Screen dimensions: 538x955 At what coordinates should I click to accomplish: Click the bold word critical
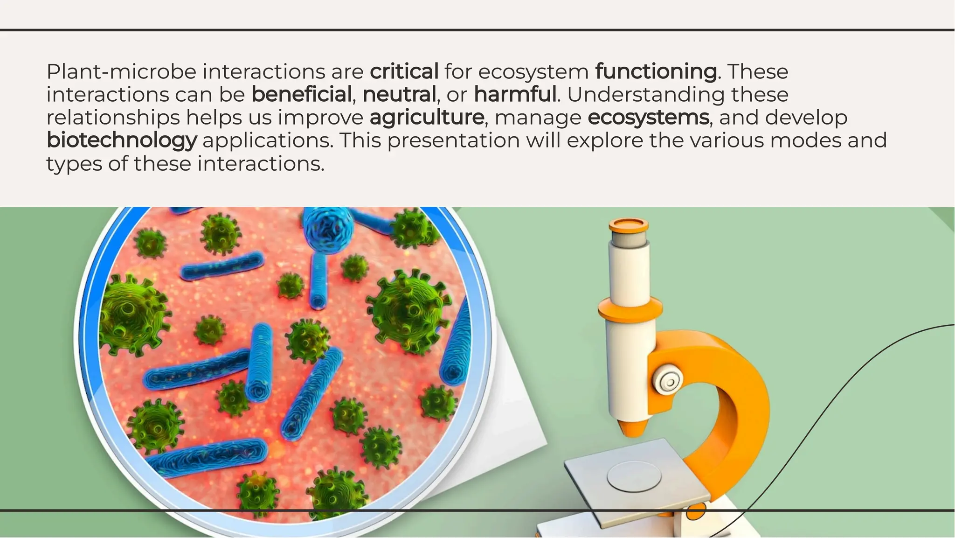pyautogui.click(x=404, y=72)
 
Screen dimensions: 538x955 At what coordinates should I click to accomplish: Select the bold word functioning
pyautogui.click(x=656, y=72)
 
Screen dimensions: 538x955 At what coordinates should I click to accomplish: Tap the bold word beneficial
pyautogui.click(x=301, y=95)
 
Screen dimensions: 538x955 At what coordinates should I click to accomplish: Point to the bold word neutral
pyautogui.click(x=399, y=95)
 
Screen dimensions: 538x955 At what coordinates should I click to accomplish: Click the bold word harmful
pyautogui.click(x=515, y=95)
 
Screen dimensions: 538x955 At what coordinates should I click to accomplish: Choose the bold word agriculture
pyautogui.click(x=427, y=118)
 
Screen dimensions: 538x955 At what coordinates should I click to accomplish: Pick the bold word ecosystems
pyautogui.click(x=648, y=118)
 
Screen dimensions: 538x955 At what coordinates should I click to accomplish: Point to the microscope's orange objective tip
pyautogui.click(x=632, y=427)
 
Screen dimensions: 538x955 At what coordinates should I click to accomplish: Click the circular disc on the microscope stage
pyautogui.click(x=634, y=476)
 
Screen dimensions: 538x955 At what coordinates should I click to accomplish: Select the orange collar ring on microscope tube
pyautogui.click(x=630, y=309)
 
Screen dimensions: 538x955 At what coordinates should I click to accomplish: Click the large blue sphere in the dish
pyautogui.click(x=328, y=229)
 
